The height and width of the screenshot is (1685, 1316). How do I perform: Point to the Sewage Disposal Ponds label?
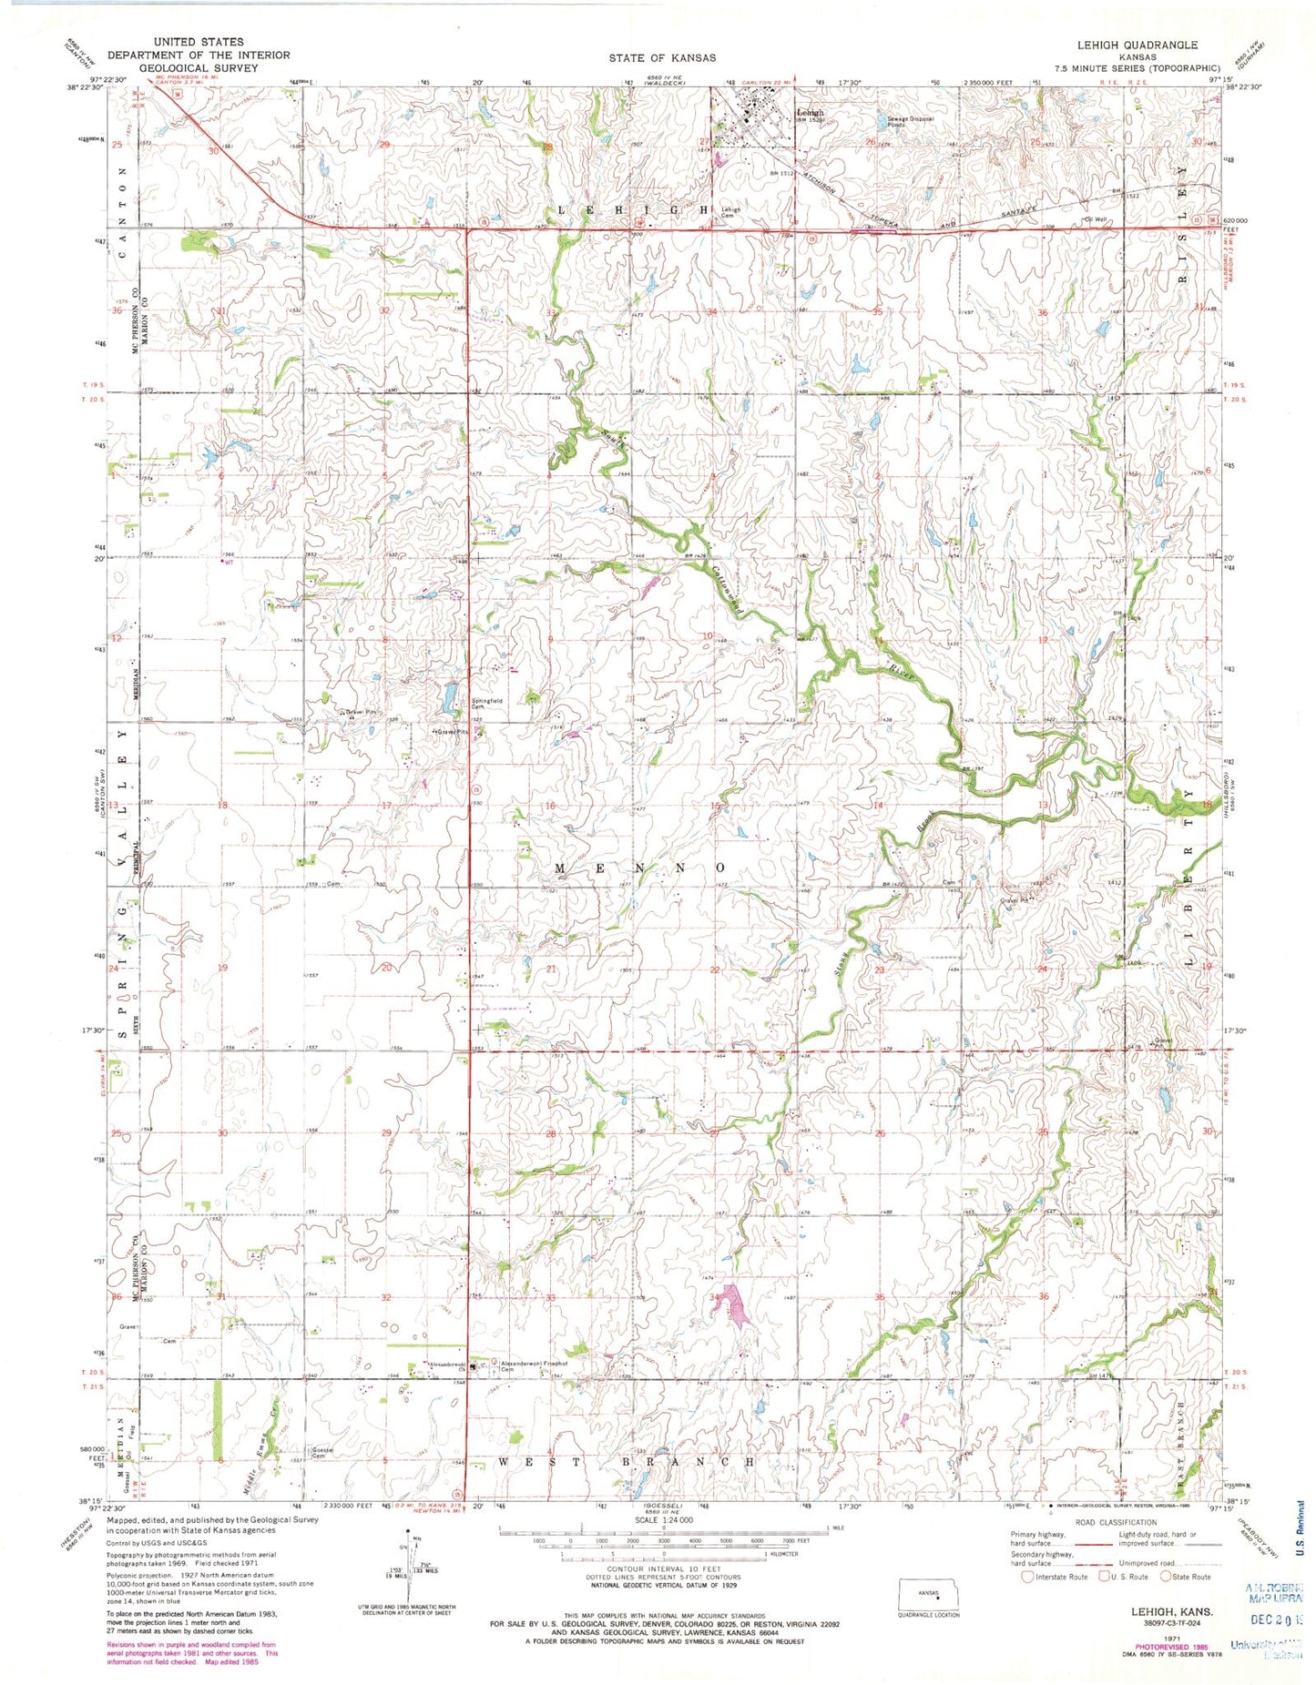(x=904, y=120)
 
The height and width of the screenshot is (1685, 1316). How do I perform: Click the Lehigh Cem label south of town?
(x=731, y=211)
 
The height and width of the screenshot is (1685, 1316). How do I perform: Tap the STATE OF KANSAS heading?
(x=662, y=57)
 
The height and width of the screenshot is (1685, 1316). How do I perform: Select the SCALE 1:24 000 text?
(x=664, y=1519)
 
